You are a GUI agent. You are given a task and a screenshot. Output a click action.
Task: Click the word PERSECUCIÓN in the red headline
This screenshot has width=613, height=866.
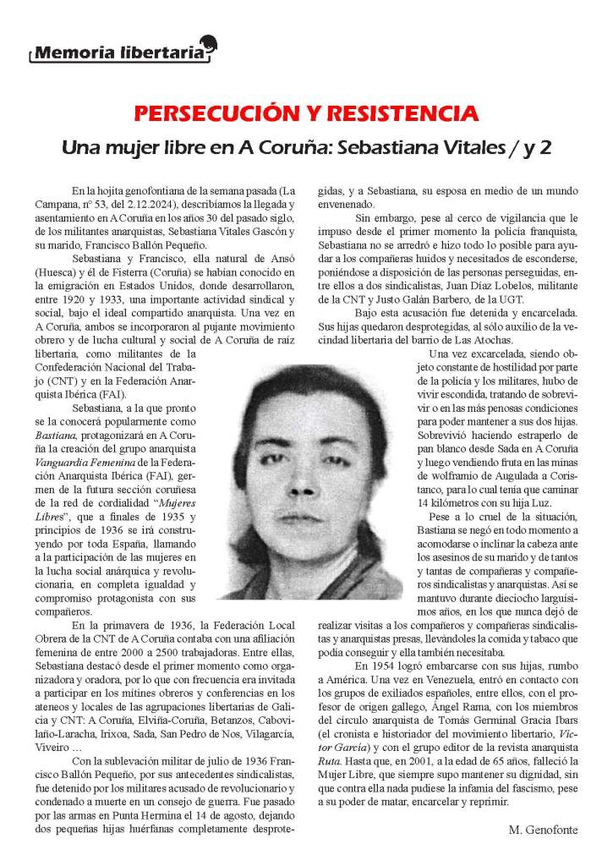(201, 112)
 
